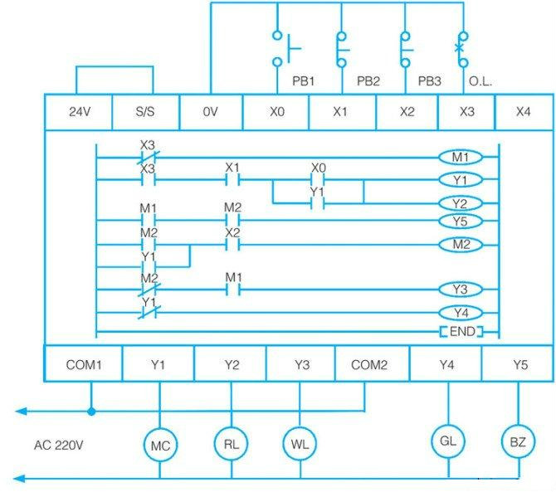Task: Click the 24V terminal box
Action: [x=78, y=112]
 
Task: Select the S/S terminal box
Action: [x=145, y=112]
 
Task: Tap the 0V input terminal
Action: [x=211, y=112]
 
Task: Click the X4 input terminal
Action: [x=524, y=112]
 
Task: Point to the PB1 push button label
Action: [x=303, y=81]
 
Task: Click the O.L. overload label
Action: [x=480, y=81]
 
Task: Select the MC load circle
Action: [x=160, y=445]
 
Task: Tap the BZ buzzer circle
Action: [x=518, y=441]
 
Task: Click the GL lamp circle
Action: [x=448, y=441]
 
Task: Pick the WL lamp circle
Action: [x=300, y=443]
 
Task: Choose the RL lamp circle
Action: [x=232, y=443]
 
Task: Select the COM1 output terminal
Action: [x=84, y=364]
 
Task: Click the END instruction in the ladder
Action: [x=461, y=332]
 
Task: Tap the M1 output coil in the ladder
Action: [x=461, y=157]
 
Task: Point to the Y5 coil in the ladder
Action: [x=461, y=222]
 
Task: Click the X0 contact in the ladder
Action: [x=318, y=180]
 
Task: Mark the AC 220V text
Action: [x=59, y=446]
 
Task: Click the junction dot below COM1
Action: [x=91, y=412]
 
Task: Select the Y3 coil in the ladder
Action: [x=461, y=290]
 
